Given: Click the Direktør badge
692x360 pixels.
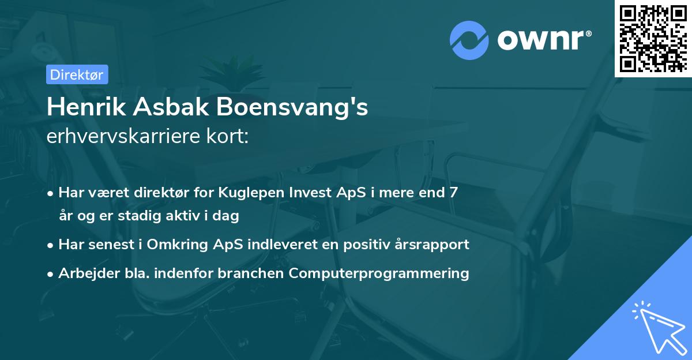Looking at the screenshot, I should pos(77,74).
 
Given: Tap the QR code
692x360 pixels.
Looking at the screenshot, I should pos(652,38).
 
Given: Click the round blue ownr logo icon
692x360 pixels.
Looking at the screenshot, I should pos(469,40).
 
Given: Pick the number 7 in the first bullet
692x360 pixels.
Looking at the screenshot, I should pos(454,193).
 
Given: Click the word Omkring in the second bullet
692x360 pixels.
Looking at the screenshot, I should pos(171,245).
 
